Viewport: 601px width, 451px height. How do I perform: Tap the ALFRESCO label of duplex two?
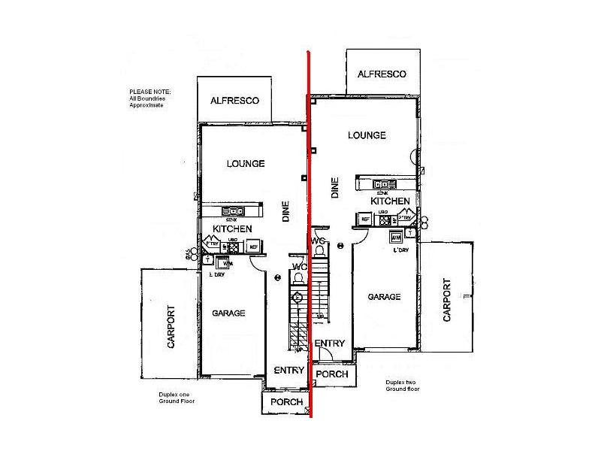382,74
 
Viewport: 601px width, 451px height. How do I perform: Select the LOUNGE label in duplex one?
246,164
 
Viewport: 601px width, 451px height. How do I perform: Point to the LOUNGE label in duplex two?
367,135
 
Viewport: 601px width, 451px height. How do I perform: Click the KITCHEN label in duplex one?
232,229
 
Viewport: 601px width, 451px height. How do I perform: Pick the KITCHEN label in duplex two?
390,201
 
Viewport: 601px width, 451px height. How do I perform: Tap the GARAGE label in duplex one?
228,313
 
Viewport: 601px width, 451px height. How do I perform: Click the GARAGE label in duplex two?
384,297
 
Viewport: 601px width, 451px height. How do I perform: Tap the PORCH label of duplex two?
331,374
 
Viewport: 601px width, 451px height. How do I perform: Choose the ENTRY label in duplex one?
288,370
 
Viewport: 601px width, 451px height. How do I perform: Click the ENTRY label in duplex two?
330,344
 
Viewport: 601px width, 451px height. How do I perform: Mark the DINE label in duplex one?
285,213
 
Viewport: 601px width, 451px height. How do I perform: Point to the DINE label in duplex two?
334,187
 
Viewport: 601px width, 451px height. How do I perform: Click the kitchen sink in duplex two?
385,184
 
